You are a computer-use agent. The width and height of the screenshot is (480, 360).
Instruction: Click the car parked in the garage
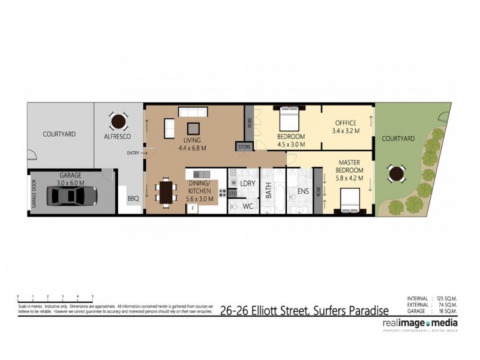coord(71,195)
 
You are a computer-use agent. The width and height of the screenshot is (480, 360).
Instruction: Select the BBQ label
coord(133,197)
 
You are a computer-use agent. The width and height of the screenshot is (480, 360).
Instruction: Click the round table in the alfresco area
coord(118,122)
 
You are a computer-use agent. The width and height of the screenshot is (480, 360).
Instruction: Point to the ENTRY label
coord(133,153)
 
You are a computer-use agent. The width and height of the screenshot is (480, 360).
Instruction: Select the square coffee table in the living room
coord(193,128)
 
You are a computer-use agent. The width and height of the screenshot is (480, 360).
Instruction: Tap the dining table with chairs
coord(166,193)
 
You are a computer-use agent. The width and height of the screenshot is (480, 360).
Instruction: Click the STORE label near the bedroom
coord(245,146)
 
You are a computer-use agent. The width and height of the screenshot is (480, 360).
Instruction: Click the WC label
coord(248,206)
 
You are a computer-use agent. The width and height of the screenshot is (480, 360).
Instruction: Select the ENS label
coord(303,193)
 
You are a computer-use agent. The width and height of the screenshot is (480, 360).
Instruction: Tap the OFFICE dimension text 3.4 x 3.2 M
coord(345,130)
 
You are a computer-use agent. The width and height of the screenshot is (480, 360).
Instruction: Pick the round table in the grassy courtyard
coord(396,175)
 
